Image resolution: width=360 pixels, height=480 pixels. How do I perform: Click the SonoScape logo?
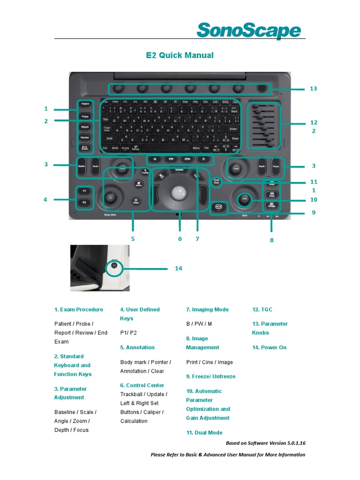tap(248, 31)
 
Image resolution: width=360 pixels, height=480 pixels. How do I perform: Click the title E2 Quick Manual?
tap(180, 55)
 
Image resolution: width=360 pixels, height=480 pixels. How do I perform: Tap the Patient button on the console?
tap(85, 104)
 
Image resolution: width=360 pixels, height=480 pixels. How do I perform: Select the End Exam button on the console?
tap(85, 148)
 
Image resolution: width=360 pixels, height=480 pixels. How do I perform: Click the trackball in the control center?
tap(178, 193)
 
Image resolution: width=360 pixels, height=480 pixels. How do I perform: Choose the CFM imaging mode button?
tap(187, 159)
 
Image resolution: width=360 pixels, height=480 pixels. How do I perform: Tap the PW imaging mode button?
tap(171, 159)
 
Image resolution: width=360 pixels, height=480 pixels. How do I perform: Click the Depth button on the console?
tap(262, 167)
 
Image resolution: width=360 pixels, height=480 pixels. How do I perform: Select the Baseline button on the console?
tap(81, 166)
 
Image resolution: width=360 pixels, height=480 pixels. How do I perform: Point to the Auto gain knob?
tap(244, 199)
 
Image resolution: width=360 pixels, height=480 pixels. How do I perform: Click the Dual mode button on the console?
tap(216, 182)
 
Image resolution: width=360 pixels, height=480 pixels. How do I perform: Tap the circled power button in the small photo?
tap(114, 266)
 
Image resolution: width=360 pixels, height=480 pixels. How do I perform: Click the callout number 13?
tap(314, 89)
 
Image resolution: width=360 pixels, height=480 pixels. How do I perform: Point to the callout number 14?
tap(178, 269)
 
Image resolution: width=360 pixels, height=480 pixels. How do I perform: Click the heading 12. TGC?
tap(262, 309)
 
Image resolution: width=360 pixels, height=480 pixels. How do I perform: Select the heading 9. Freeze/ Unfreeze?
tap(210, 376)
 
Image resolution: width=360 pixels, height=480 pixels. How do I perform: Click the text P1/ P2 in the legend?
tap(128, 333)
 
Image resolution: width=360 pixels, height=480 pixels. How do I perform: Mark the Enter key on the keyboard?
tap(233, 129)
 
